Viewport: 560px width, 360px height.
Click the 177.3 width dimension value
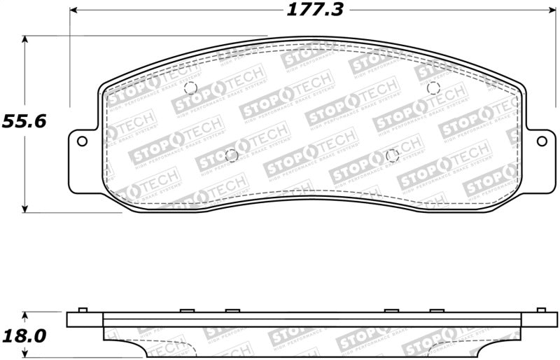(x=308, y=11)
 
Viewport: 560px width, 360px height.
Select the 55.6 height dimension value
(x=23, y=121)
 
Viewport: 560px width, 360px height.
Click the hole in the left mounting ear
(x=82, y=141)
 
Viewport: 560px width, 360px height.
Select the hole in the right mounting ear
(x=542, y=141)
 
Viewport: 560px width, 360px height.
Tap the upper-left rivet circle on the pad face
(x=190, y=88)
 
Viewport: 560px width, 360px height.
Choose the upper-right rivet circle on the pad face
(x=433, y=88)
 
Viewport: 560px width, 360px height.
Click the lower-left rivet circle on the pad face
(x=232, y=155)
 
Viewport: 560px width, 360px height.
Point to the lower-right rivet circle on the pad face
(x=392, y=155)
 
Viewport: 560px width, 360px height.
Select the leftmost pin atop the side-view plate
(x=81, y=310)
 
